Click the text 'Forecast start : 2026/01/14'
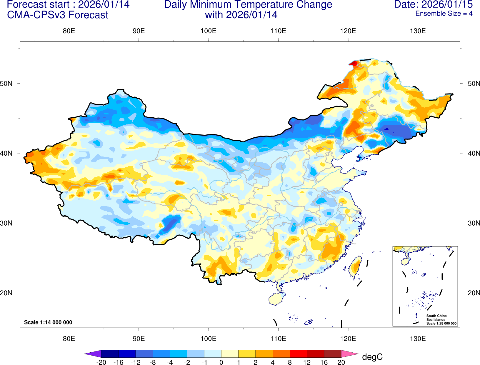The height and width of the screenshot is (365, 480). [68, 5]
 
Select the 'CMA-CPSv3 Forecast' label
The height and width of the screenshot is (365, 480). [58, 15]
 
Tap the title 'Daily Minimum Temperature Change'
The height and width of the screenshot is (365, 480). [248, 5]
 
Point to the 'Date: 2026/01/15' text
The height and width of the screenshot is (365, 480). [433, 5]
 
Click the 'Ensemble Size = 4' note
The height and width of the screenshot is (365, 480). [444, 14]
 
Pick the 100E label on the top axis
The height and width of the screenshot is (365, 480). [208, 31]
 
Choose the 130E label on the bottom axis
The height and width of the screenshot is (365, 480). [418, 339]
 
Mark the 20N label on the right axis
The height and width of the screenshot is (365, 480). [474, 293]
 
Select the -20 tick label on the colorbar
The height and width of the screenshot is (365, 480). [101, 362]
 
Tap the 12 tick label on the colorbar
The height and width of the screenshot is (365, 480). [307, 362]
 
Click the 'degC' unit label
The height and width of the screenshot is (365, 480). [372, 357]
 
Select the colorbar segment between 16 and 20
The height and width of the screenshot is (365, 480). [333, 354]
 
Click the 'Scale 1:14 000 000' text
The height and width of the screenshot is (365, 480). [48, 322]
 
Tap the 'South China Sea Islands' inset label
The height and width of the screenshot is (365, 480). [436, 318]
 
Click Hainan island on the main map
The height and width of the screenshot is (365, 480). [276, 299]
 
